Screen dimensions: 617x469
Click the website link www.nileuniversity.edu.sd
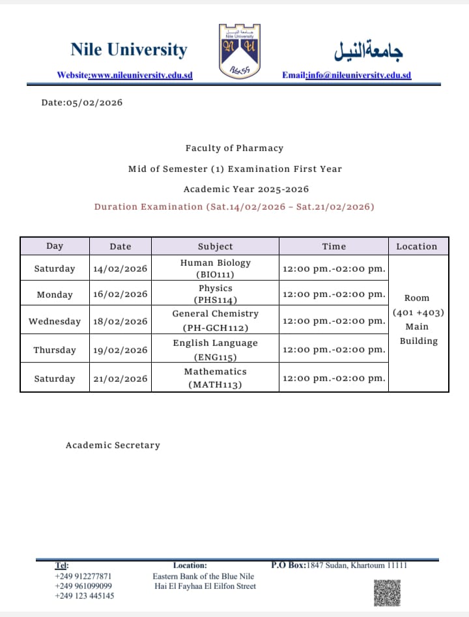pyautogui.click(x=141, y=75)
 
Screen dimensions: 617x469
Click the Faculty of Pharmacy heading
pyautogui.click(x=234, y=149)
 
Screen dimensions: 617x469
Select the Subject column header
pyautogui.click(x=215, y=246)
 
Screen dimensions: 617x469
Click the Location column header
pyautogui.click(x=417, y=246)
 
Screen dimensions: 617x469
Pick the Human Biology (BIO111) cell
pyautogui.click(x=215, y=268)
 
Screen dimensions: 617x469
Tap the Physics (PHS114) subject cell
pyautogui.click(x=215, y=294)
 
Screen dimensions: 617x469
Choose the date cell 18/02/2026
pyautogui.click(x=121, y=321)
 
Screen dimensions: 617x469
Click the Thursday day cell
pyautogui.click(x=55, y=350)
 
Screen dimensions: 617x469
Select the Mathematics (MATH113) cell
pyautogui.click(x=215, y=378)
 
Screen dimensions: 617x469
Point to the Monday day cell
pyautogui.click(x=55, y=294)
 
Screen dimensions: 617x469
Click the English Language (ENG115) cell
pyautogui.click(x=215, y=350)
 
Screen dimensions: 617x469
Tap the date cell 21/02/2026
pyautogui.click(x=121, y=379)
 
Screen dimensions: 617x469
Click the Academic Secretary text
pyautogui.click(x=113, y=446)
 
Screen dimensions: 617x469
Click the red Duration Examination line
pyautogui.click(x=234, y=207)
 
